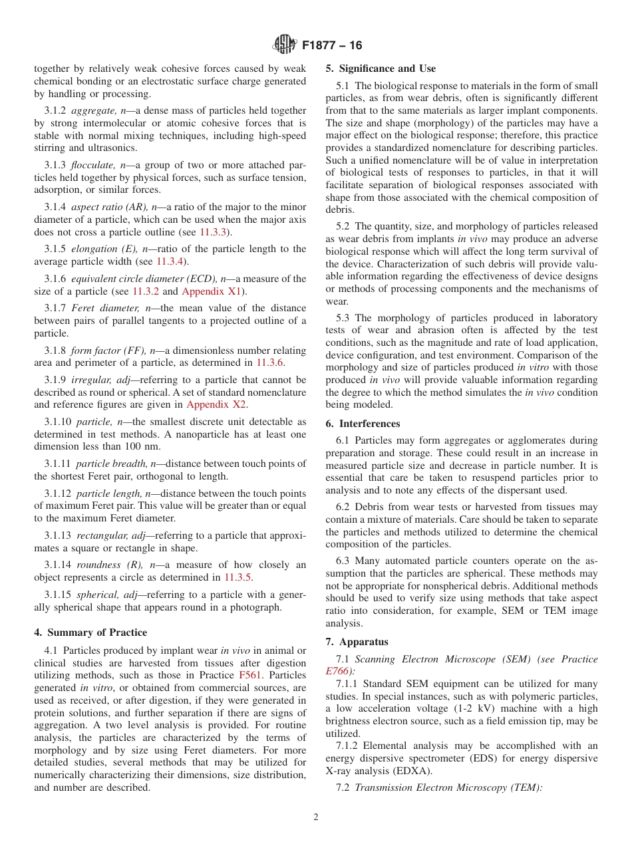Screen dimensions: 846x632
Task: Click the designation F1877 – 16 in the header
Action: pos(332,45)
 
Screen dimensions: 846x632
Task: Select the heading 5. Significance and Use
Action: pos(381,69)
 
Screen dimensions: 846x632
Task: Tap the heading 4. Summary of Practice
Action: pos(90,633)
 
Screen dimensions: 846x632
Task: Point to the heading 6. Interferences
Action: pos(363,424)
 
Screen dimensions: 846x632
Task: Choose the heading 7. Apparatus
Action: pos(357,642)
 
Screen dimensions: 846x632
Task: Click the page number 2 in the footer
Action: pos(316,817)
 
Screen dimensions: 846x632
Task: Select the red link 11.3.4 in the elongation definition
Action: pos(170,261)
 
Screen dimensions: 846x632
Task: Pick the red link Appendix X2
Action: pos(217,404)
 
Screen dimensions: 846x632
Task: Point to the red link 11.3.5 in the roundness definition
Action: pos(237,577)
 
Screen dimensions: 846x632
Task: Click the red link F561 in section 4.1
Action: pos(249,675)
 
